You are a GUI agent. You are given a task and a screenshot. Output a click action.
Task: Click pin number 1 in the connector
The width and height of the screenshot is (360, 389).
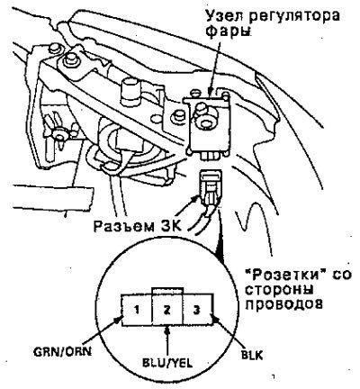(137, 310)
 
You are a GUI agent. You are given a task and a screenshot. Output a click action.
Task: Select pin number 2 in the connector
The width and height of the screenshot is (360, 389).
(167, 310)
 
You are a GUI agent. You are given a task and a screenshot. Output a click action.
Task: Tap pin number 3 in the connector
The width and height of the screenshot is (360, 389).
(197, 310)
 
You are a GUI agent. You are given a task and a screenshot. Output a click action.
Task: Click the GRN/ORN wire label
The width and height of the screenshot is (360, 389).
(63, 351)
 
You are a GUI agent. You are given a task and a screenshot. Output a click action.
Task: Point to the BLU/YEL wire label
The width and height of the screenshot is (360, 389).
(167, 363)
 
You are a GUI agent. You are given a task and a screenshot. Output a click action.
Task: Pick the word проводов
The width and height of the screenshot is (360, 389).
(284, 304)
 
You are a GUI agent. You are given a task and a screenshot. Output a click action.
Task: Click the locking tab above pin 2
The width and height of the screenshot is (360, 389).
(167, 291)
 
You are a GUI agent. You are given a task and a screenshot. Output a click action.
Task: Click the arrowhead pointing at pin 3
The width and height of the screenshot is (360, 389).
(215, 320)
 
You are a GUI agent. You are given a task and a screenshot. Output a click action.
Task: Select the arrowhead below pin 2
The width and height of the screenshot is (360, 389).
(167, 330)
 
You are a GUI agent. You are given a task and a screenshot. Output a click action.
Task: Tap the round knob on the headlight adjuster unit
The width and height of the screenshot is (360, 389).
(206, 122)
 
